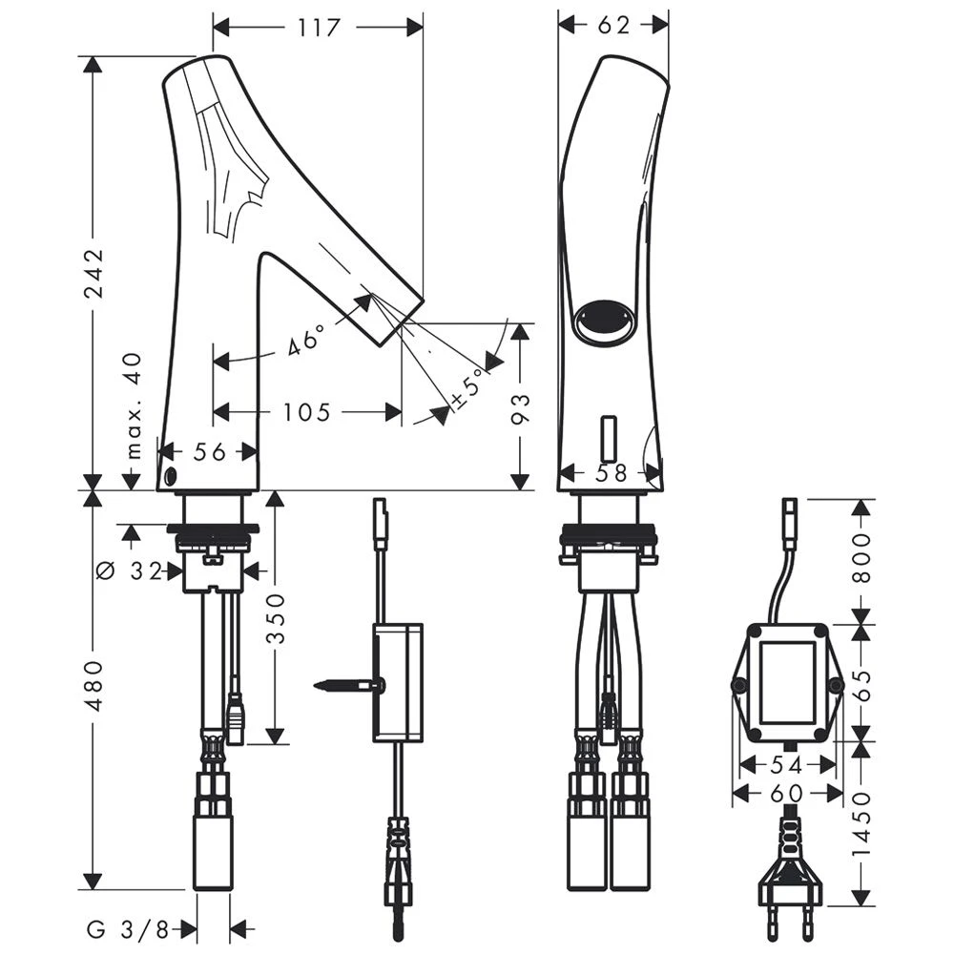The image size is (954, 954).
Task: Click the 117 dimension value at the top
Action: tap(318, 28)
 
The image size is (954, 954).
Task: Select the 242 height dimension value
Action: tap(93, 273)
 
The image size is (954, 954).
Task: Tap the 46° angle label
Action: tap(306, 339)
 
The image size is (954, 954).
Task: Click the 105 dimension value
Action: tap(306, 412)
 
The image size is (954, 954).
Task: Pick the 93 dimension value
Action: tap(520, 407)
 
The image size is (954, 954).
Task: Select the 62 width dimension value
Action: tap(614, 26)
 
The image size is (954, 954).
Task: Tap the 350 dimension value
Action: tap(276, 620)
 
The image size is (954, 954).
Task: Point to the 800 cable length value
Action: tap(861, 559)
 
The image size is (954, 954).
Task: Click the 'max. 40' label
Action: tap(134, 404)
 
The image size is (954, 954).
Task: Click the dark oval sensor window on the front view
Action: tap(604, 317)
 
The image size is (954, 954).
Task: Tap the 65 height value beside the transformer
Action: tap(861, 683)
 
